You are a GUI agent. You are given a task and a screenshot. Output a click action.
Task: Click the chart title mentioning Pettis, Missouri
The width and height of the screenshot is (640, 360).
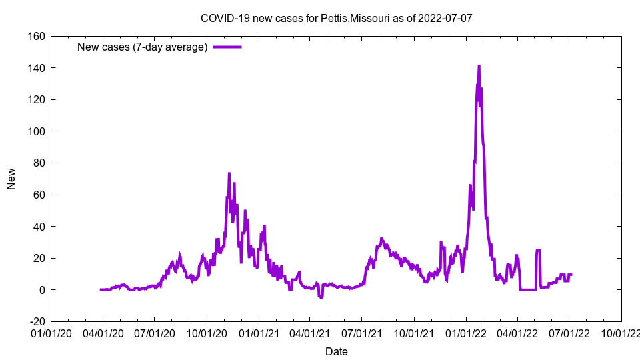[337, 18]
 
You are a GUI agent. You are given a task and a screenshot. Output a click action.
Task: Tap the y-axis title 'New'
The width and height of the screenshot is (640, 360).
[11, 179]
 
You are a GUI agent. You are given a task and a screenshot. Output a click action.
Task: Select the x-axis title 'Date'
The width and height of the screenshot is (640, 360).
[336, 351]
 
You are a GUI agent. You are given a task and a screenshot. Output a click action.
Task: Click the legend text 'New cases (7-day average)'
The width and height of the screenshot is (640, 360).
[143, 47]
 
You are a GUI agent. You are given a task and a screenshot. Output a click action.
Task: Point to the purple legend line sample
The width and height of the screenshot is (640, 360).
[227, 47]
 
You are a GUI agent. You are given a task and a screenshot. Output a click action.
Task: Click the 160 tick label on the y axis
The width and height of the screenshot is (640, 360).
[36, 36]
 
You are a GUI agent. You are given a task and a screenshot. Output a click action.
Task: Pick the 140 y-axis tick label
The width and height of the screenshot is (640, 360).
[36, 68]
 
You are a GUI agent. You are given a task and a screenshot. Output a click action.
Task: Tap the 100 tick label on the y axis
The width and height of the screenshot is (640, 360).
[36, 131]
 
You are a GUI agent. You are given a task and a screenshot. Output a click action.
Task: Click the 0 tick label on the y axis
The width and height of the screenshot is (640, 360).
[41, 290]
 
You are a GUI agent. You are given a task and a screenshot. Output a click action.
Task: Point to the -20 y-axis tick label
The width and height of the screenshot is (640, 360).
[37, 321]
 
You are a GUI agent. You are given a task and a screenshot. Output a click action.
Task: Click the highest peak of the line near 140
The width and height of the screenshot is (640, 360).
[479, 66]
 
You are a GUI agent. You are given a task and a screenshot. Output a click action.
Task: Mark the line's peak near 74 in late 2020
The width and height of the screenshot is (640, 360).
[229, 173]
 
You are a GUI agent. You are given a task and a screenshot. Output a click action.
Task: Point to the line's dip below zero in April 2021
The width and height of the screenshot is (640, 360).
[321, 297]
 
